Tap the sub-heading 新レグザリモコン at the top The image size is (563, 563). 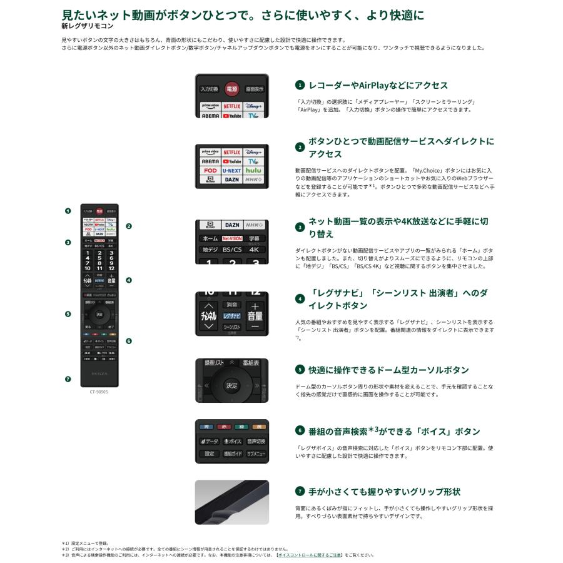tap(88, 26)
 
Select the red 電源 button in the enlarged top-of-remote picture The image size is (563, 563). tap(231, 89)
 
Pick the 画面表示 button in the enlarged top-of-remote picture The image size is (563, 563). tap(255, 89)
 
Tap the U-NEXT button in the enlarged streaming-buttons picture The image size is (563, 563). tap(231, 170)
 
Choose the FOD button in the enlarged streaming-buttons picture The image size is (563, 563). tap(210, 170)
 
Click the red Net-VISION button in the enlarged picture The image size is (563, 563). tap(231, 239)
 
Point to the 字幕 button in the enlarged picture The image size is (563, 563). tap(254, 239)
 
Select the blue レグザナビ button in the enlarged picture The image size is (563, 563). tap(231, 317)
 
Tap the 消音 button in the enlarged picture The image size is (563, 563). tap(231, 305)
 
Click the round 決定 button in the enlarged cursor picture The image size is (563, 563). tap(231, 385)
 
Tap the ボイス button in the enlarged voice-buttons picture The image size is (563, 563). tap(231, 442)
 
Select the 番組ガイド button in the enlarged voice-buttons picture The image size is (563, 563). tap(231, 454)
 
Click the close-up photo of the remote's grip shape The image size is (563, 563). tap(231, 502)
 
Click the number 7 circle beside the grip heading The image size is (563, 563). tap(300, 492)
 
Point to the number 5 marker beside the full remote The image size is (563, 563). tap(68, 314)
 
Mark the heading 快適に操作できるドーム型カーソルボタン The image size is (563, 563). tap(388, 370)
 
